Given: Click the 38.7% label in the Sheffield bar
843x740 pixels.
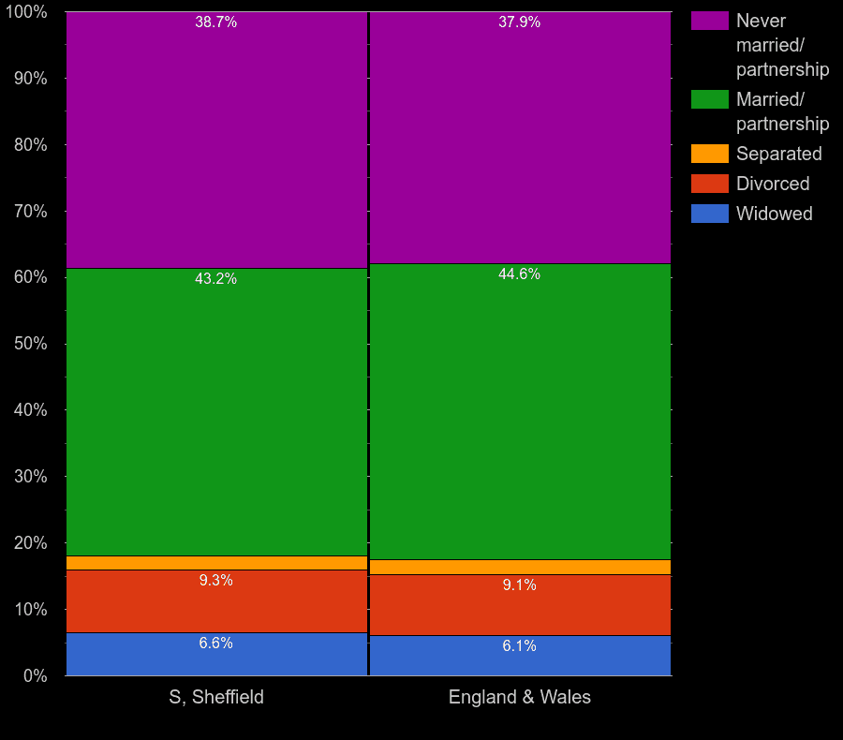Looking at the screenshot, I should (x=215, y=22).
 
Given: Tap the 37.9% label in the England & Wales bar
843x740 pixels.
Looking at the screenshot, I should (x=519, y=22).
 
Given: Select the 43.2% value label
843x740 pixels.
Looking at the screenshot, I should (x=215, y=279).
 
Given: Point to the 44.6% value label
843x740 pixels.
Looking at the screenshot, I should (x=519, y=274).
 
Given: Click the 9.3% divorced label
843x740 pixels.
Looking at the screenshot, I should (x=215, y=581).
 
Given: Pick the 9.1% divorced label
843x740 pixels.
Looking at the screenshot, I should (x=519, y=585).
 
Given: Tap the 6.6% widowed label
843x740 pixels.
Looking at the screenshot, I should (x=215, y=644).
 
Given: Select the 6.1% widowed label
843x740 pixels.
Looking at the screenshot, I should (x=519, y=646).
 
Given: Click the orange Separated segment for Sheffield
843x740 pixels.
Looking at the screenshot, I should (x=215, y=563).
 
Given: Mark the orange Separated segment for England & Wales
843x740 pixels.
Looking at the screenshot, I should (x=519, y=567).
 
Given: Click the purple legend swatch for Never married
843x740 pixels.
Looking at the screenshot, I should (x=709, y=21).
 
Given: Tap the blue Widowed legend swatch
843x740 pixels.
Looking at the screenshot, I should (x=709, y=214).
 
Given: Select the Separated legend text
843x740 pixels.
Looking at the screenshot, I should (x=778, y=154).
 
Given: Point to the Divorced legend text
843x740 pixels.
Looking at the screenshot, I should (x=773, y=184).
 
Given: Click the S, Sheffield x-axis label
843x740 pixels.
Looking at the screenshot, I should (x=216, y=697).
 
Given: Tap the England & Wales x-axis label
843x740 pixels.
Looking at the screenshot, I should (x=519, y=697).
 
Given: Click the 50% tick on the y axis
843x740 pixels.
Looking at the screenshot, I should (x=31, y=344).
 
